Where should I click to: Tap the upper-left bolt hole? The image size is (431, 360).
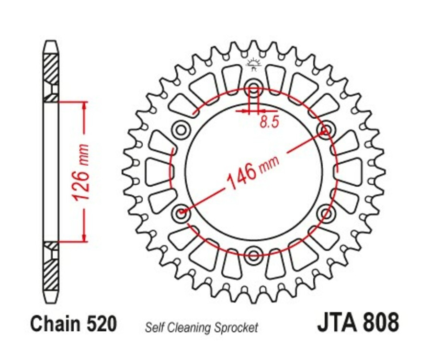(x=181, y=129)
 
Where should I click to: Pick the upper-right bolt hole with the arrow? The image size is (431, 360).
(x=326, y=129)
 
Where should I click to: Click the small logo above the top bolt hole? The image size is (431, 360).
(x=253, y=65)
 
